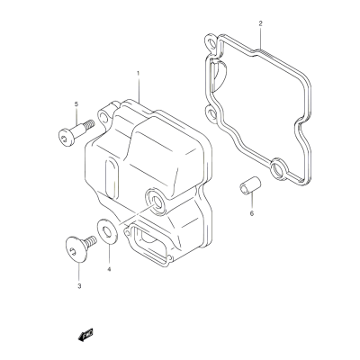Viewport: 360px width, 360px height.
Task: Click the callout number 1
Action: point(138,73)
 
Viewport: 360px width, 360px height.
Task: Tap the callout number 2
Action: point(260,23)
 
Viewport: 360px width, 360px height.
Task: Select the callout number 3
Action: point(79,286)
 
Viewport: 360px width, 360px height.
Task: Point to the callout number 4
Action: point(109,269)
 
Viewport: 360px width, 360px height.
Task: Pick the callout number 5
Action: point(76,104)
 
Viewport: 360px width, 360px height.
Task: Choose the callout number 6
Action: point(251,213)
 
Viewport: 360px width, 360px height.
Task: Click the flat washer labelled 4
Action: point(107,231)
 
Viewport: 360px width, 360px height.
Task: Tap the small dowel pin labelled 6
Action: point(250,185)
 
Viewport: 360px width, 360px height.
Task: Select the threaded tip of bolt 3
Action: point(92,240)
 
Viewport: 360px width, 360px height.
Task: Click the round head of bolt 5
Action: point(66,138)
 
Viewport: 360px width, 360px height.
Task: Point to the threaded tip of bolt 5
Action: point(89,124)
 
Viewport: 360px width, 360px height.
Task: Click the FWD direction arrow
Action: point(85,334)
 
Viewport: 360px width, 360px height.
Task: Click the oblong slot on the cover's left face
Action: point(112,179)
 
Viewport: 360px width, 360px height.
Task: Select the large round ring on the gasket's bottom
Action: point(279,170)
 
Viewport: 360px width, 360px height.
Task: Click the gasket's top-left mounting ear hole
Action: point(211,44)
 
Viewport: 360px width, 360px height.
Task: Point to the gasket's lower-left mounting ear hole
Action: point(211,113)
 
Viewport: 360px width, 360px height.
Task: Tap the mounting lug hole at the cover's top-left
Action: point(103,117)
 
